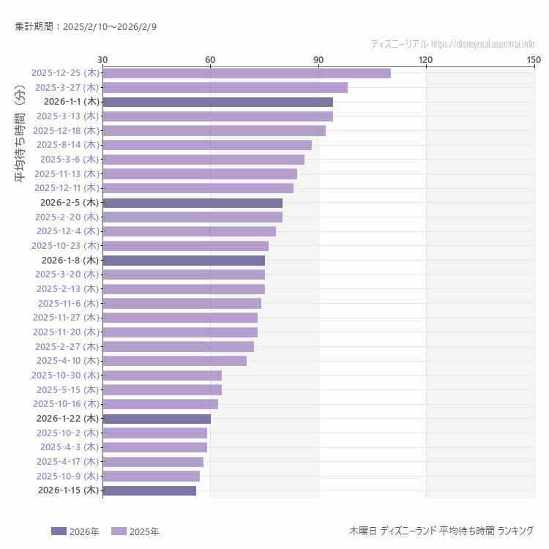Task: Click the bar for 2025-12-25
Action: [246, 73]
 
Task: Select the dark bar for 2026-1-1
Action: [217, 102]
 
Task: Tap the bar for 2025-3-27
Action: [225, 88]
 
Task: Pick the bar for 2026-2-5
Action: [192, 203]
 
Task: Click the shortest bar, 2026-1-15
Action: [149, 490]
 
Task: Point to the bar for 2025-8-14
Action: [206, 145]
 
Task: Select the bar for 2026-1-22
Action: [157, 419]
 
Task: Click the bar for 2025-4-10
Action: [174, 361]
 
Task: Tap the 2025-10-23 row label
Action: [65, 246]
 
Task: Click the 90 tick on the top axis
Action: [318, 59]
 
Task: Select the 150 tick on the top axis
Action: [534, 59]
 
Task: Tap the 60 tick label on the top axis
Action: [210, 59]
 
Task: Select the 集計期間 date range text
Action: [86, 26]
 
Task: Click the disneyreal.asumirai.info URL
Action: [482, 44]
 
